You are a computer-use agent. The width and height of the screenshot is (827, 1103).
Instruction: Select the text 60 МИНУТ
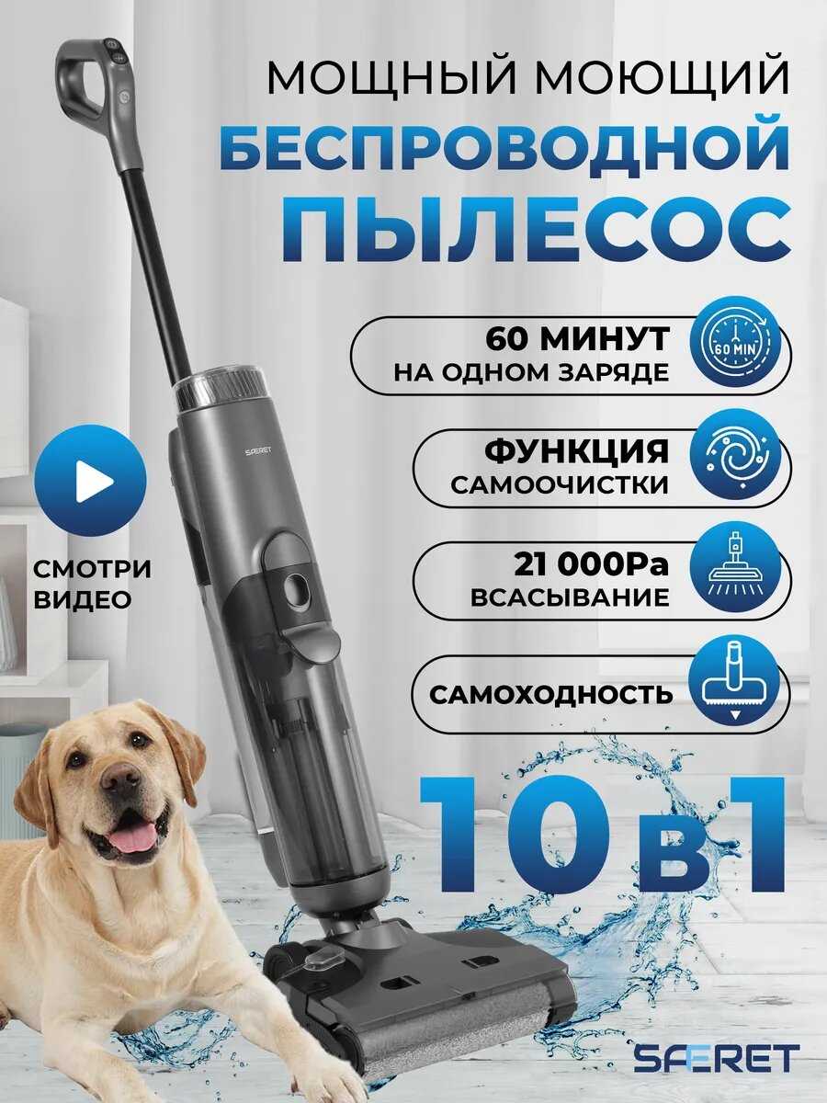point(577,340)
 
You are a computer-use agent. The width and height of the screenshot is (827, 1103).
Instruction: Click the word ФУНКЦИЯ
point(576,450)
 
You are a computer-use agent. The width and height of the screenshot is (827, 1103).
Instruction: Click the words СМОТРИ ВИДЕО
point(93,585)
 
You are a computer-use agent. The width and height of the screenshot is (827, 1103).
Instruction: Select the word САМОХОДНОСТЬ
point(550,695)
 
